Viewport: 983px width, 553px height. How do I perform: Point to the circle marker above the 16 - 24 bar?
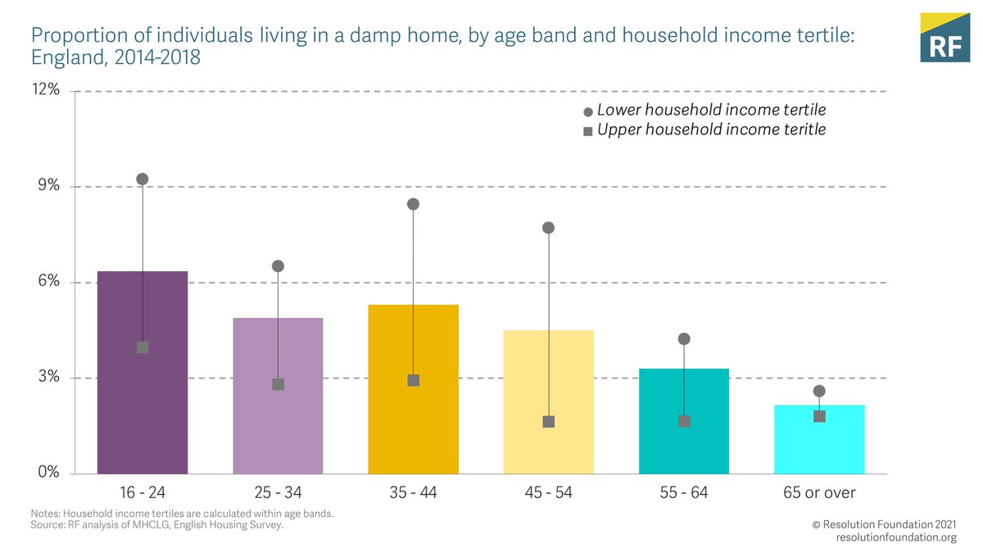coord(143,179)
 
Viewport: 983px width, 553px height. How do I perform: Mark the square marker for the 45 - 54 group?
coord(549,422)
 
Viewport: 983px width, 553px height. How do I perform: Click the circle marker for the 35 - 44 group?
coord(414,204)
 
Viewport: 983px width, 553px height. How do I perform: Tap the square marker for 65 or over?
coord(819,416)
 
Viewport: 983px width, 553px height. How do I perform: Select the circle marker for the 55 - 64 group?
coord(684,338)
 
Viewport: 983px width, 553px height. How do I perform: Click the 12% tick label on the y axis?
coord(47,90)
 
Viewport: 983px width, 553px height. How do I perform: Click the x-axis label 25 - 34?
coord(278,492)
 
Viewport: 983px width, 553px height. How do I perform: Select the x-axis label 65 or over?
coord(819,492)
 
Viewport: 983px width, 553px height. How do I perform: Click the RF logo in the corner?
coord(944,38)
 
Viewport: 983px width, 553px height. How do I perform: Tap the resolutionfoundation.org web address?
coord(896,537)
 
